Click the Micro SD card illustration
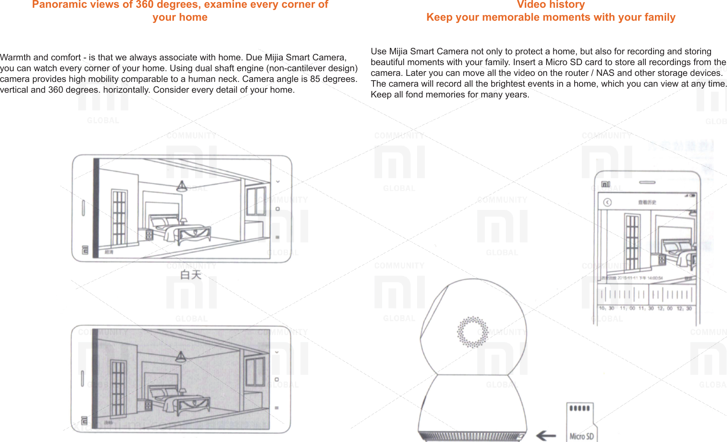pyautogui.click(x=581, y=422)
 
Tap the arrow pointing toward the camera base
pyautogui.click(x=546, y=436)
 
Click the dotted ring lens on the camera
pyautogui.click(x=472, y=332)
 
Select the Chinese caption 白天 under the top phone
pyautogui.click(x=191, y=275)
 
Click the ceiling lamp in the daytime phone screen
pyautogui.click(x=182, y=186)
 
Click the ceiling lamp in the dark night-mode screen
pyautogui.click(x=180, y=357)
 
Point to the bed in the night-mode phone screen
pyautogui.click(x=179, y=399)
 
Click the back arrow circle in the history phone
pyautogui.click(x=607, y=202)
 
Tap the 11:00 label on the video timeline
pyautogui.click(x=627, y=308)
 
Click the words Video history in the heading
pyautogui.click(x=550, y=5)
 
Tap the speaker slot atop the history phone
pyautogui.click(x=647, y=182)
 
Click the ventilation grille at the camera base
pyautogui.click(x=472, y=436)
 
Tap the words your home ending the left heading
pyautogui.click(x=180, y=18)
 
